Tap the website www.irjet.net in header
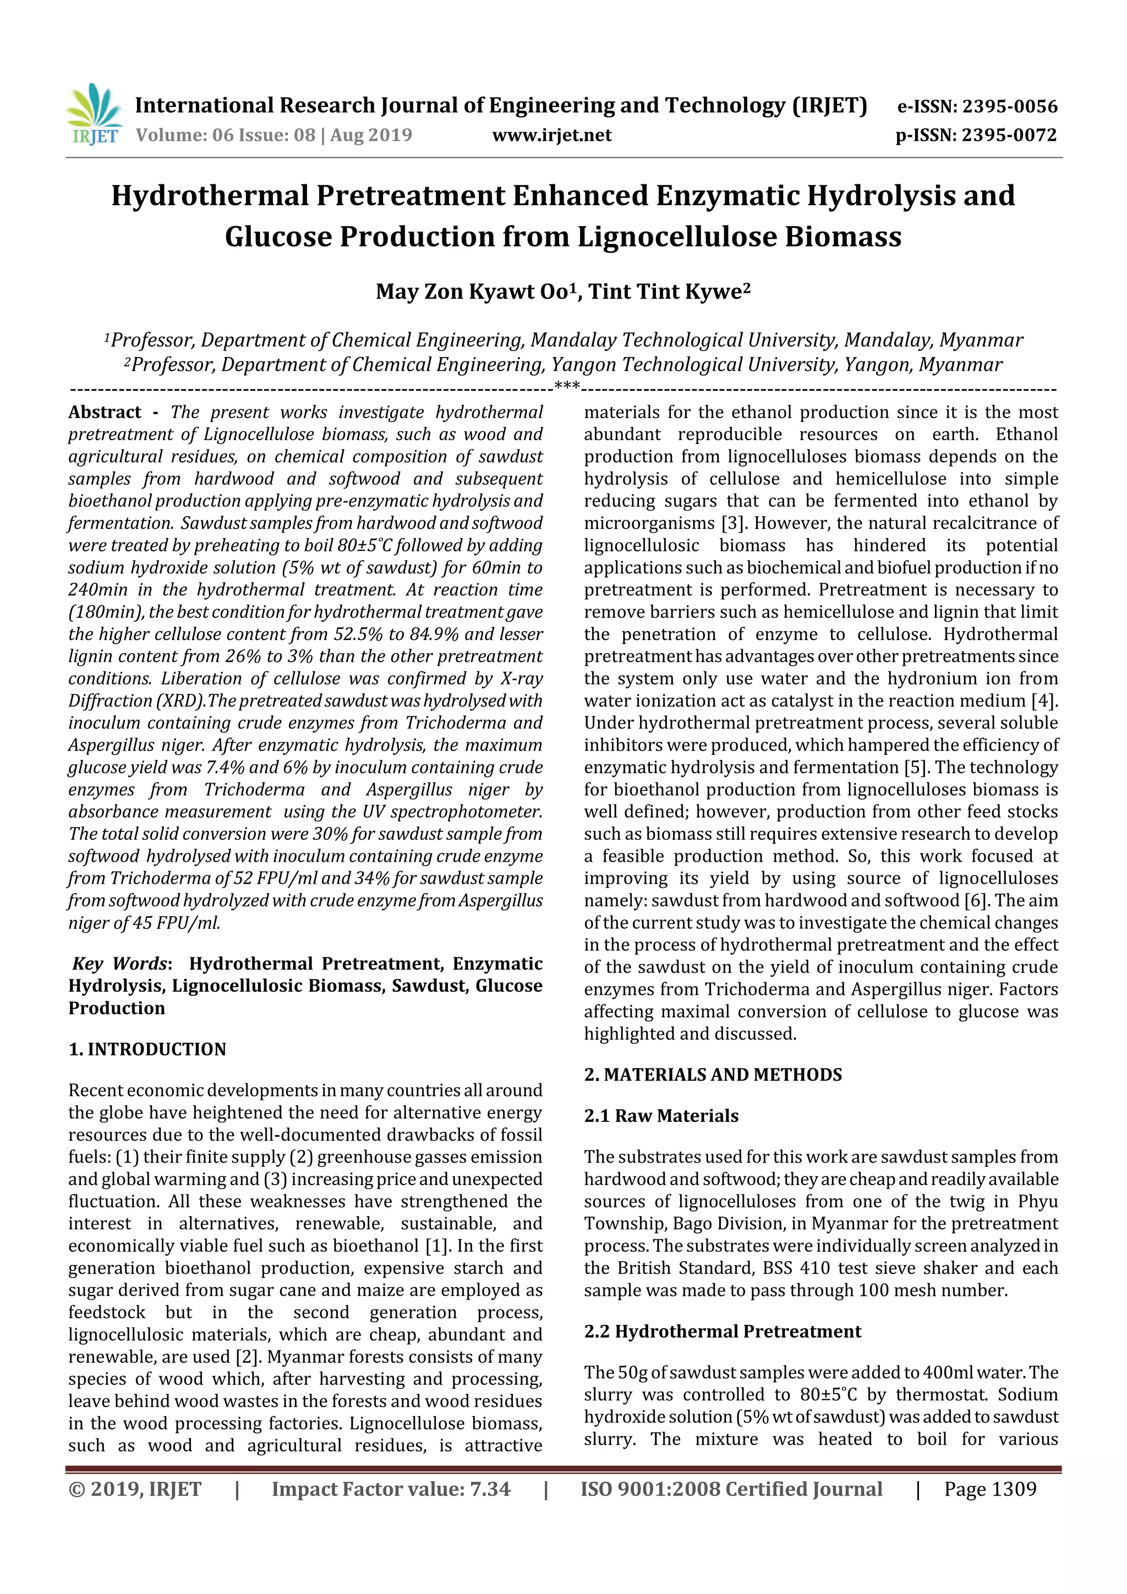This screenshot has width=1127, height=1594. [x=552, y=135]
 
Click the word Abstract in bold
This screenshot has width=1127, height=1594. [x=105, y=412]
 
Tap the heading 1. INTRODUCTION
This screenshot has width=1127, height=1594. [x=147, y=1049]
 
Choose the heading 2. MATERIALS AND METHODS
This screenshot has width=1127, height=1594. [x=713, y=1075]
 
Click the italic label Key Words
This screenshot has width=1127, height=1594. [x=119, y=963]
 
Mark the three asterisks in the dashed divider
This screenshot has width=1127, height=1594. [x=567, y=386]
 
